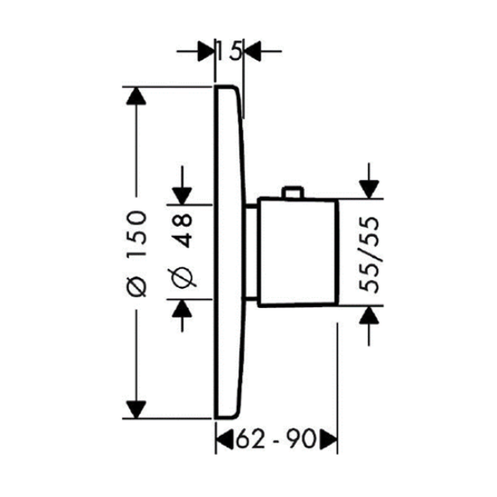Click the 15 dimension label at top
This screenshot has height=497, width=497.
coord(229,51)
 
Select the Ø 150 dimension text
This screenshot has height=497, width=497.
coord(137,253)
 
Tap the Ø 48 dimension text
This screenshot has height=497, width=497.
coord(182,250)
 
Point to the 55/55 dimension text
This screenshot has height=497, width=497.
coord(369,254)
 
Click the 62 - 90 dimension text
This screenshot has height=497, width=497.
coord(276,439)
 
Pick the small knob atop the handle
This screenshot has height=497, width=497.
coord(292,192)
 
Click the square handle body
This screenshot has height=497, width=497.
coord(298,252)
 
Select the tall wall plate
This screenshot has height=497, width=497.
coord(229,252)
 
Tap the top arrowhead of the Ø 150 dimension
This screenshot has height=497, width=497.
coord(136,95)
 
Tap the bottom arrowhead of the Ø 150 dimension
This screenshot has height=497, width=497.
coord(136,409)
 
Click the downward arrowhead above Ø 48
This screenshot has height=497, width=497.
coord(182,195)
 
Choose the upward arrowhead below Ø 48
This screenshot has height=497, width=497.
coord(182,308)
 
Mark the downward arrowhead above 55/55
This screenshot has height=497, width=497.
coord(369,190)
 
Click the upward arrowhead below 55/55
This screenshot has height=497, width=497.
coord(369,315)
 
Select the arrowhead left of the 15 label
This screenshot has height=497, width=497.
coord(205,51)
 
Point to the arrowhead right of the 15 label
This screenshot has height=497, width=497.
coord(253,51)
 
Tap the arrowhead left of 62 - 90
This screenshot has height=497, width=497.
coord(224,439)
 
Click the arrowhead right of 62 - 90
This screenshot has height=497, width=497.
coord(328,439)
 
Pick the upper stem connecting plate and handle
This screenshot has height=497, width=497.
coord(253,206)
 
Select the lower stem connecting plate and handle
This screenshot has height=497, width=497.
coord(251,298)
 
